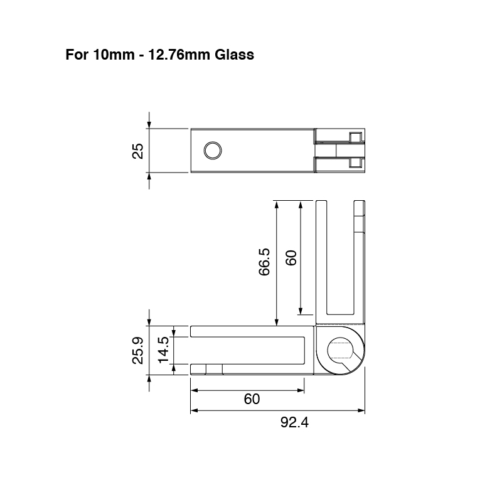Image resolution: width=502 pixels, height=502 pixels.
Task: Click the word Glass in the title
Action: [x=234, y=55]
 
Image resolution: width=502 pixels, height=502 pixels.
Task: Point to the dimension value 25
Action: [x=138, y=151]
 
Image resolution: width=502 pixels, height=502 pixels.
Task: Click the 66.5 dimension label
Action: [x=264, y=262]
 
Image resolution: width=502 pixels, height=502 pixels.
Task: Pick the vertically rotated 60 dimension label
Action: [x=291, y=257]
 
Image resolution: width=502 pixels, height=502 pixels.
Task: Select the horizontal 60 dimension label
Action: [x=252, y=399]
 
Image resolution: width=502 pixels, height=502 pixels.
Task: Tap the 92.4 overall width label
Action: [x=294, y=422]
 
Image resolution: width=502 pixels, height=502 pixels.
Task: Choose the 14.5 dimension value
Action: [x=163, y=350]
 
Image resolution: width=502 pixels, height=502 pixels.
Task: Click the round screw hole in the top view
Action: [x=213, y=151]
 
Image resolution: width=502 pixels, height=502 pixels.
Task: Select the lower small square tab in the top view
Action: [x=356, y=163]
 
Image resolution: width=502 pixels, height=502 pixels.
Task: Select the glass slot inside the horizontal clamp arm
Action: [x=248, y=350]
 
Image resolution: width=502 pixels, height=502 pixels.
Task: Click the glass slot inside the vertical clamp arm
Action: [x=340, y=257]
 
